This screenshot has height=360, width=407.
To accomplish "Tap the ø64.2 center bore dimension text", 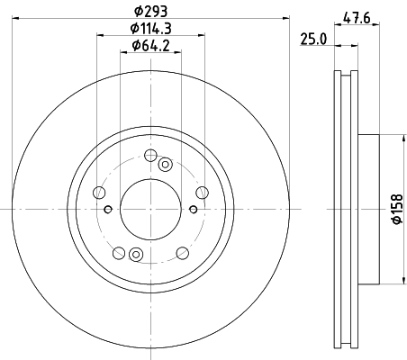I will [151, 45].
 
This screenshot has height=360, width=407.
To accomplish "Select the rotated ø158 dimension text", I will [393, 208].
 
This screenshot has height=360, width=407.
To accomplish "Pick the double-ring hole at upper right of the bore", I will [165, 164].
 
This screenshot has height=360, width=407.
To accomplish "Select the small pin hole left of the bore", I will [108, 210].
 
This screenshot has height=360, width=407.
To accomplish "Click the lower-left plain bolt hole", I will [118, 251].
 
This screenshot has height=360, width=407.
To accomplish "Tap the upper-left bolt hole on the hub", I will [100, 192].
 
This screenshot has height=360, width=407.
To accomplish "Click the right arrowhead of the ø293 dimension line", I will [289, 16].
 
